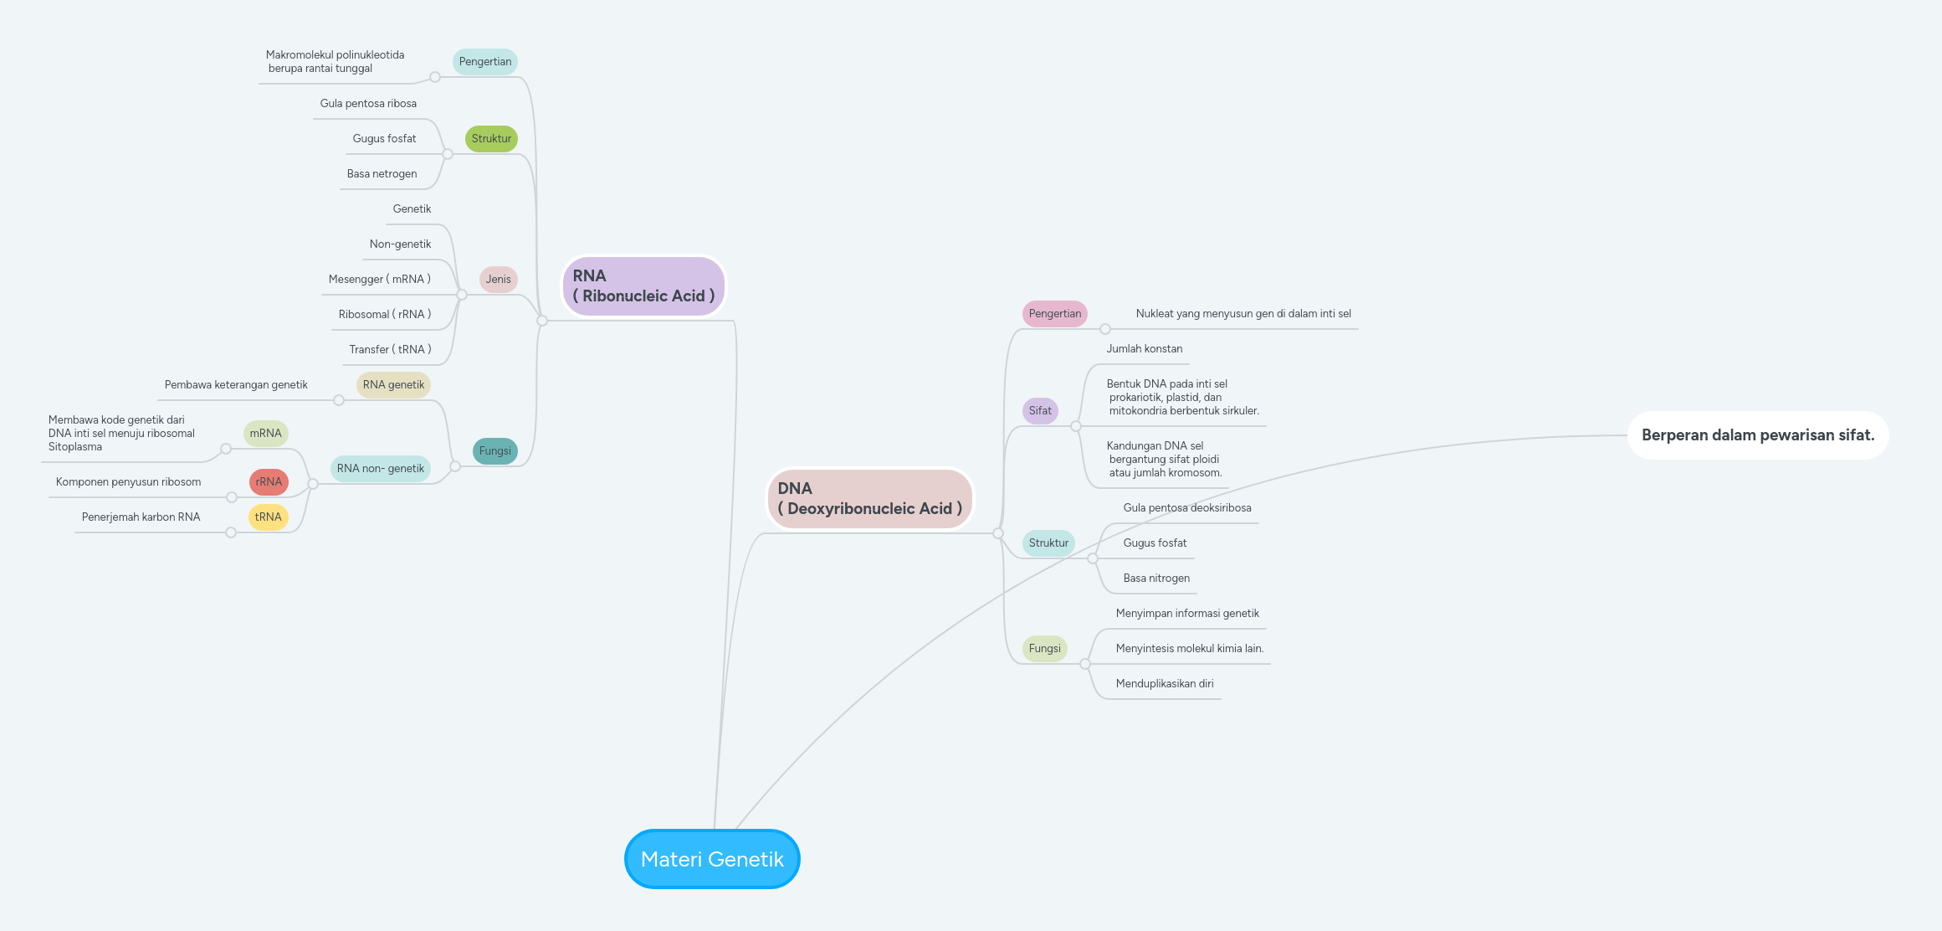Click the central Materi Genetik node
712,859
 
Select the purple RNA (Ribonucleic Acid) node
643,286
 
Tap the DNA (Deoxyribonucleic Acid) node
869,499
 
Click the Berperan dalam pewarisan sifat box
1757,435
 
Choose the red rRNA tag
269,482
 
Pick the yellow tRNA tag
268,517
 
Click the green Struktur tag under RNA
491,139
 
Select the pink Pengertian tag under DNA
1054,314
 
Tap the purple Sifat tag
1040,411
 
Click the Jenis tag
498,280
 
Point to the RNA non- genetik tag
381,469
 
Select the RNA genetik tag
393,385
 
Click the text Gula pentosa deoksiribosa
1186,508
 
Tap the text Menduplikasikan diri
1164,684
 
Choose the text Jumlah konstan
1144,349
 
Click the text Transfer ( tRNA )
390,350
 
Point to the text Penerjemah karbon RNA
141,517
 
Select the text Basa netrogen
382,174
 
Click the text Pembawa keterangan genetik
236,385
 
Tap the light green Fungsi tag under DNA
1044,649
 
